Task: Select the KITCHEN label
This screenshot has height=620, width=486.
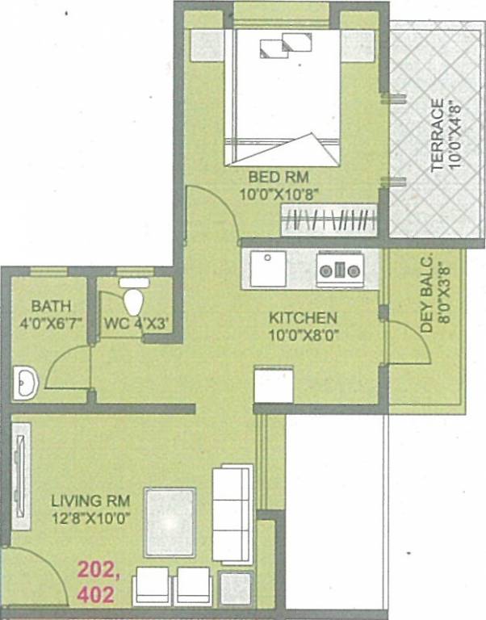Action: click(303, 317)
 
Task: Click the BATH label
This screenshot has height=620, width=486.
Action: click(51, 307)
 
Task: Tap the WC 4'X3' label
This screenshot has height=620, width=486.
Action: click(136, 325)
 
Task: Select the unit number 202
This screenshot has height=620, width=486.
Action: click(96, 570)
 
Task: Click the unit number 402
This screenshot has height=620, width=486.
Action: click(95, 597)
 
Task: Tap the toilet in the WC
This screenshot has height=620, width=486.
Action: click(134, 298)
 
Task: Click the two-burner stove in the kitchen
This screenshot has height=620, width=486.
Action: click(339, 269)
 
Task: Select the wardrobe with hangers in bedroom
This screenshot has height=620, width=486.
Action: click(329, 220)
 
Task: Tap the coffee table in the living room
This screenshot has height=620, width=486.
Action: click(170, 522)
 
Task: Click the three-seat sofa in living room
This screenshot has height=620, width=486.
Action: click(233, 513)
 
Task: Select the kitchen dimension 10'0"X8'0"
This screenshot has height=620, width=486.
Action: click(303, 333)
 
